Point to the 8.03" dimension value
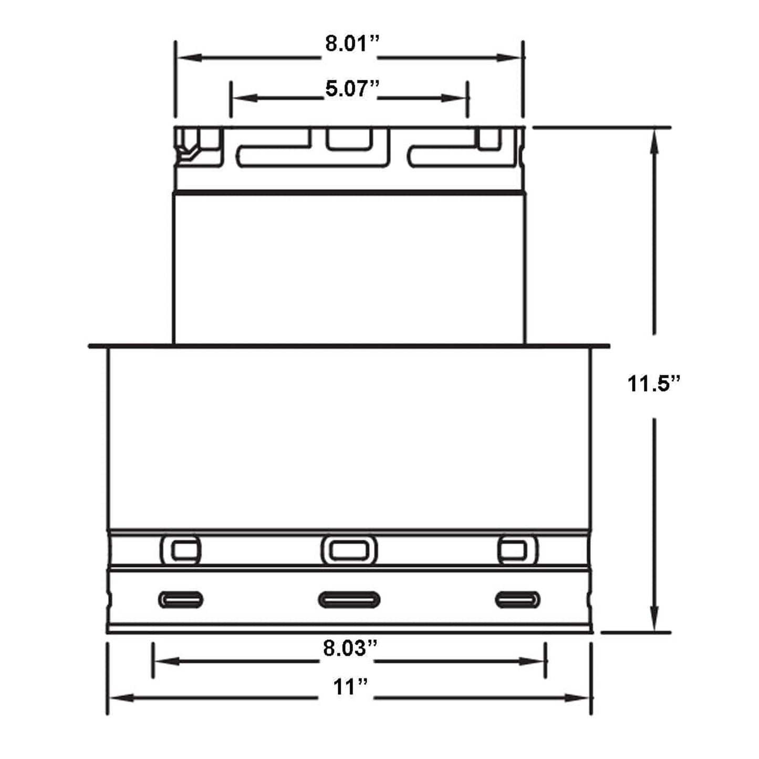350,649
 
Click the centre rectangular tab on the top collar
349,139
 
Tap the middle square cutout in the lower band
349,550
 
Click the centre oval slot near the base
349,599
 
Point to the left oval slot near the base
181,599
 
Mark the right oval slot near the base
518,599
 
